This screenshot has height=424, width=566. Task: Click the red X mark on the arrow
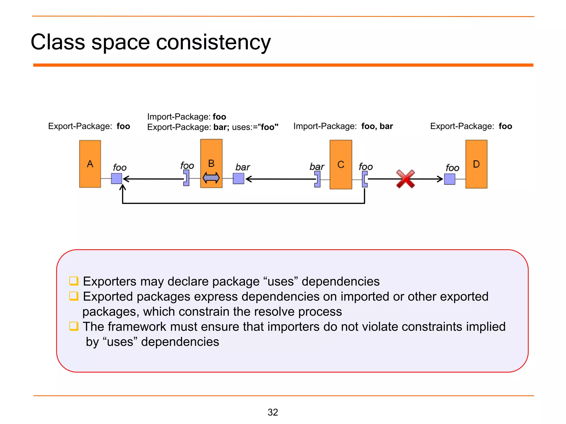coord(405,179)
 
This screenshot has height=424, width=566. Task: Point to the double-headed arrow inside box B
coord(211,178)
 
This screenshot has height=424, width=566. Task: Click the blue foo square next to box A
coord(117,179)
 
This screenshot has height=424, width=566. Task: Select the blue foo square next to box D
coord(450,179)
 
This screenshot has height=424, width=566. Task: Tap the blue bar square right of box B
coord(239,179)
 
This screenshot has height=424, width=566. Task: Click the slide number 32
coord(273,412)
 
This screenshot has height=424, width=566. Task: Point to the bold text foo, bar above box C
coord(377,126)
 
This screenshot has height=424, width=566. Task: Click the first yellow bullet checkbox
coord(74,281)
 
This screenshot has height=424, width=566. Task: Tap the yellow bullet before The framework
coord(74,326)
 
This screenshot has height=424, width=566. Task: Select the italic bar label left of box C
coord(317,167)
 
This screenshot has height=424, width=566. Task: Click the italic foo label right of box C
coord(366,167)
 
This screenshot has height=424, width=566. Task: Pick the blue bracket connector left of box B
coord(187,178)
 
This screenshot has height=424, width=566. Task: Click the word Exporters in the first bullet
coord(110,281)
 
